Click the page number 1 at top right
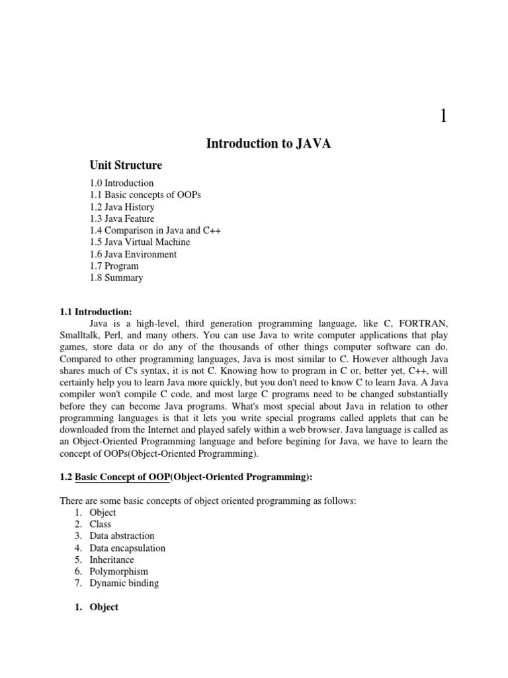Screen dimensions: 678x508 point(444,116)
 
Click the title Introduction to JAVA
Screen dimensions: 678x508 point(268,144)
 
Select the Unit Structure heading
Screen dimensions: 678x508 point(126,165)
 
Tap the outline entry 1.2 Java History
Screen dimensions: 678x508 point(122,207)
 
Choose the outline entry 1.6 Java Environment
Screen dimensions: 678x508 point(133,254)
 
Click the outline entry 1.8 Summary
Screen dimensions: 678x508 point(116,278)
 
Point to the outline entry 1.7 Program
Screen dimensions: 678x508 point(114,266)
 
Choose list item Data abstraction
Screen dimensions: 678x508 point(122,536)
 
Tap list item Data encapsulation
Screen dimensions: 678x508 point(127,548)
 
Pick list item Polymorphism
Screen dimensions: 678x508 point(118,571)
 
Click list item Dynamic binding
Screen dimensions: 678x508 point(124,583)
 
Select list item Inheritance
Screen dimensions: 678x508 point(112,559)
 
